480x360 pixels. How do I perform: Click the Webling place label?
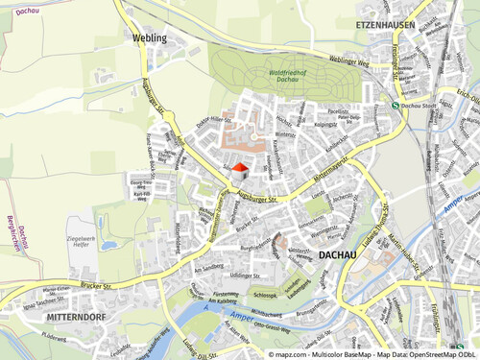146,38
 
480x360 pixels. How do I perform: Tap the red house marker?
240,169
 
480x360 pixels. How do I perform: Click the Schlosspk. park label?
268,296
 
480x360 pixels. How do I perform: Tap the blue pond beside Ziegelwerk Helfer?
107,245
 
